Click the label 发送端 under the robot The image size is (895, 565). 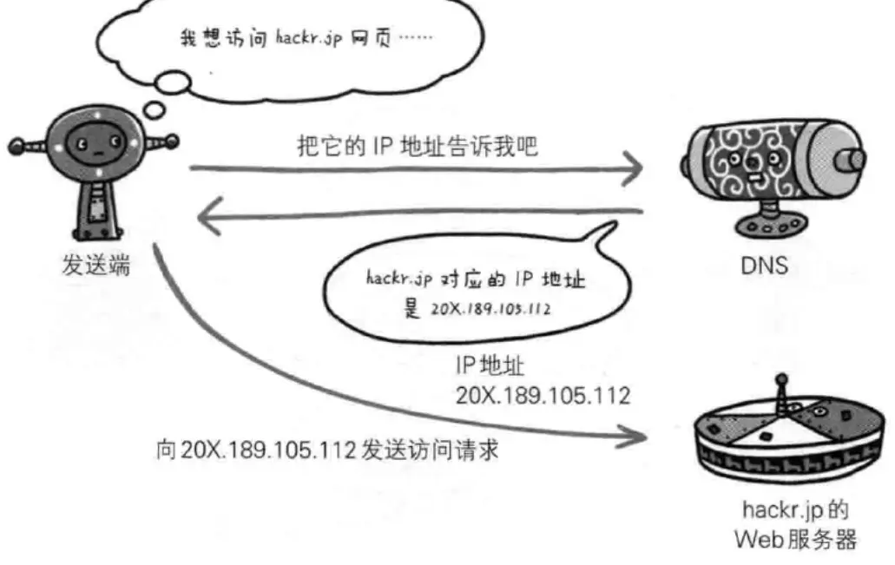[96, 266]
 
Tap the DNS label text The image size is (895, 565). [764, 266]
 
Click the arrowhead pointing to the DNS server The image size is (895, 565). [631, 170]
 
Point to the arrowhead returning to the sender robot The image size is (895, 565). [209, 218]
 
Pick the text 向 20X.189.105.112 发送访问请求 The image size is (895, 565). [326, 452]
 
